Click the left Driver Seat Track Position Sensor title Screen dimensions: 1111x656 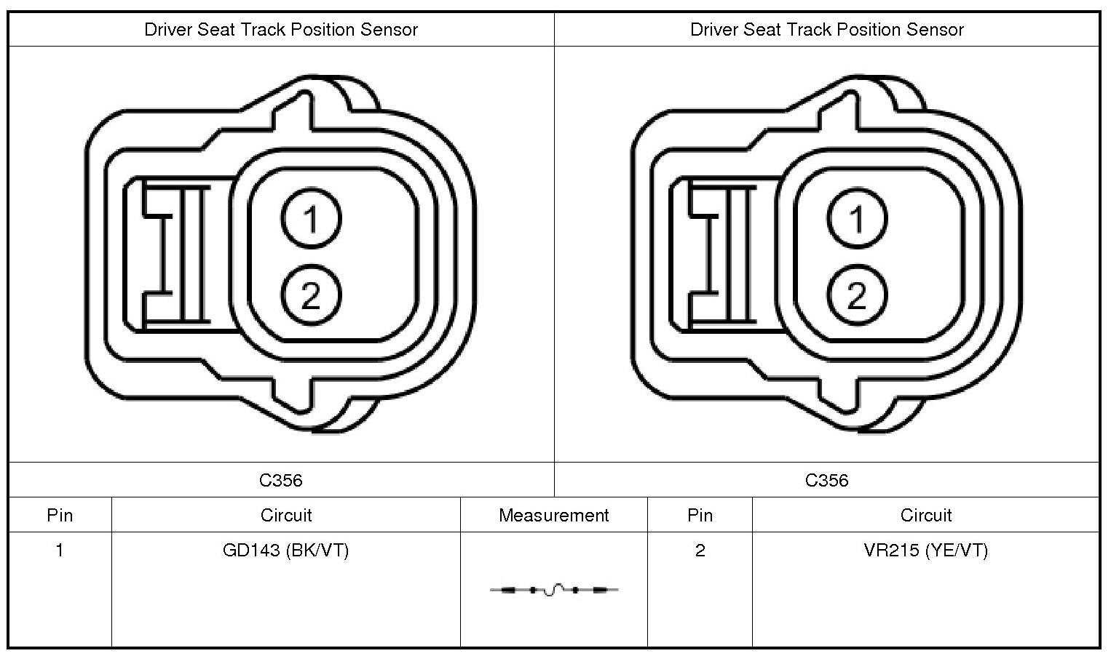[281, 30]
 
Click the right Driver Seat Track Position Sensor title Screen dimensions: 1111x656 [827, 30]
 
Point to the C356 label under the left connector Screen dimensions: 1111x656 [281, 480]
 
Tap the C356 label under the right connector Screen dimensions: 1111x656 [827, 480]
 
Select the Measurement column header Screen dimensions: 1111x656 [553, 516]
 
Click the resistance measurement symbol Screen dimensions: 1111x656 [554, 590]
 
